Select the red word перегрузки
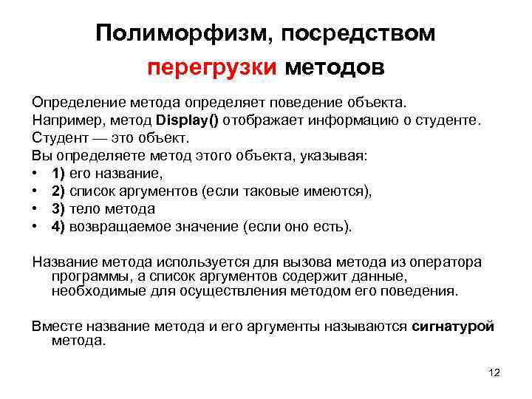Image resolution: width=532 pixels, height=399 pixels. click(x=212, y=68)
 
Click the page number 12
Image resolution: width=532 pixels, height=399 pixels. click(x=494, y=372)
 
